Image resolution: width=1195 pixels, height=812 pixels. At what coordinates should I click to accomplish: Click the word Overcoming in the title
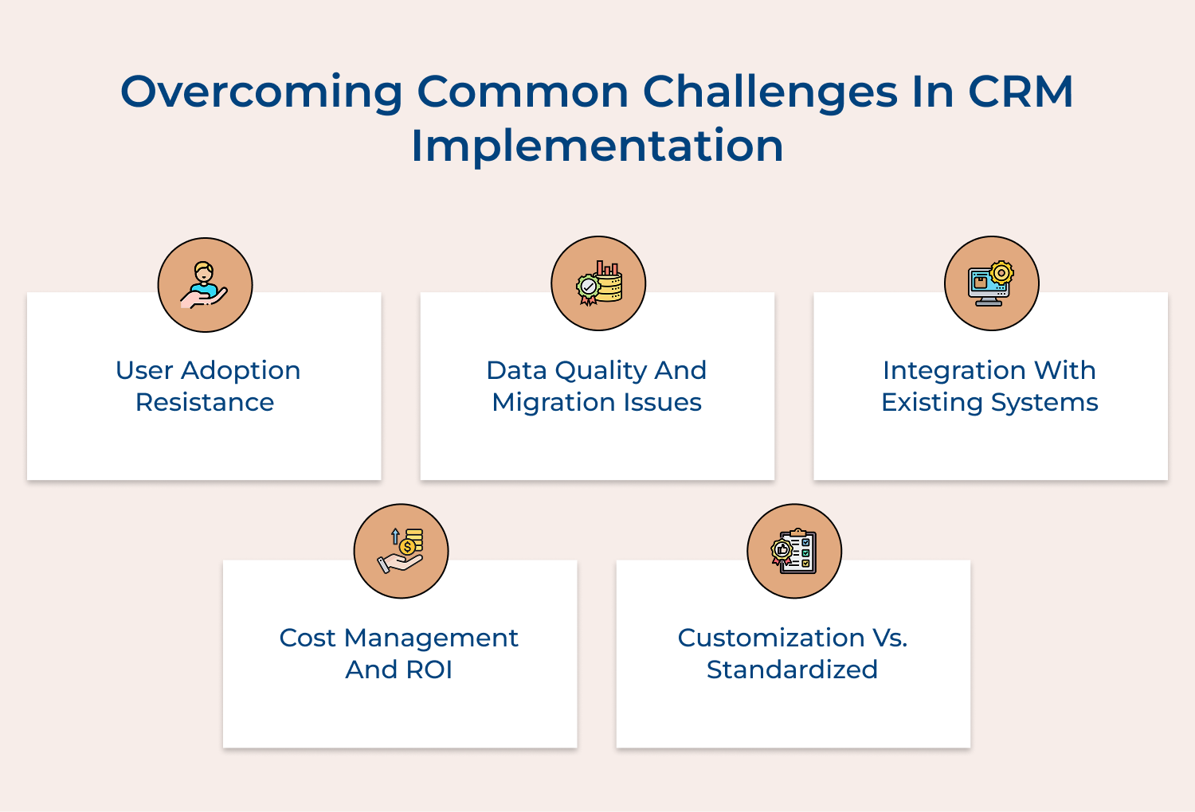click(262, 92)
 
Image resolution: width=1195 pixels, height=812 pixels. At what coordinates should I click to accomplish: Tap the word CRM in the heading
click(1021, 92)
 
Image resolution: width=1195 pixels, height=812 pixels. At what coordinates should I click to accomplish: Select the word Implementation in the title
click(597, 146)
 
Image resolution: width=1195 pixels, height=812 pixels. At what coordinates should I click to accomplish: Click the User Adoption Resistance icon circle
click(205, 285)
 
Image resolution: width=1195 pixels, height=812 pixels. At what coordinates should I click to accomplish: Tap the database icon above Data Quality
click(599, 284)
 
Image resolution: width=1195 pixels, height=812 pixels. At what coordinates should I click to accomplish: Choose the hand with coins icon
click(402, 551)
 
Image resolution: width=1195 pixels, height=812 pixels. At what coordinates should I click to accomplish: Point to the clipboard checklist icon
click(794, 551)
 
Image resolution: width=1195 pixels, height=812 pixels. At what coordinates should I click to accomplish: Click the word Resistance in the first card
click(205, 402)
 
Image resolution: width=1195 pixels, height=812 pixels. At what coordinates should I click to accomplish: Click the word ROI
click(429, 670)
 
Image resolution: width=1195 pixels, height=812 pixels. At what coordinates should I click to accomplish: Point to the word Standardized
click(792, 670)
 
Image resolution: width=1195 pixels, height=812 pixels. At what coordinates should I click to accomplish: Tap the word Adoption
click(241, 370)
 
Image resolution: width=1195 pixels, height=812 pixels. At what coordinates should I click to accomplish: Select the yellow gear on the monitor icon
click(1001, 272)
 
